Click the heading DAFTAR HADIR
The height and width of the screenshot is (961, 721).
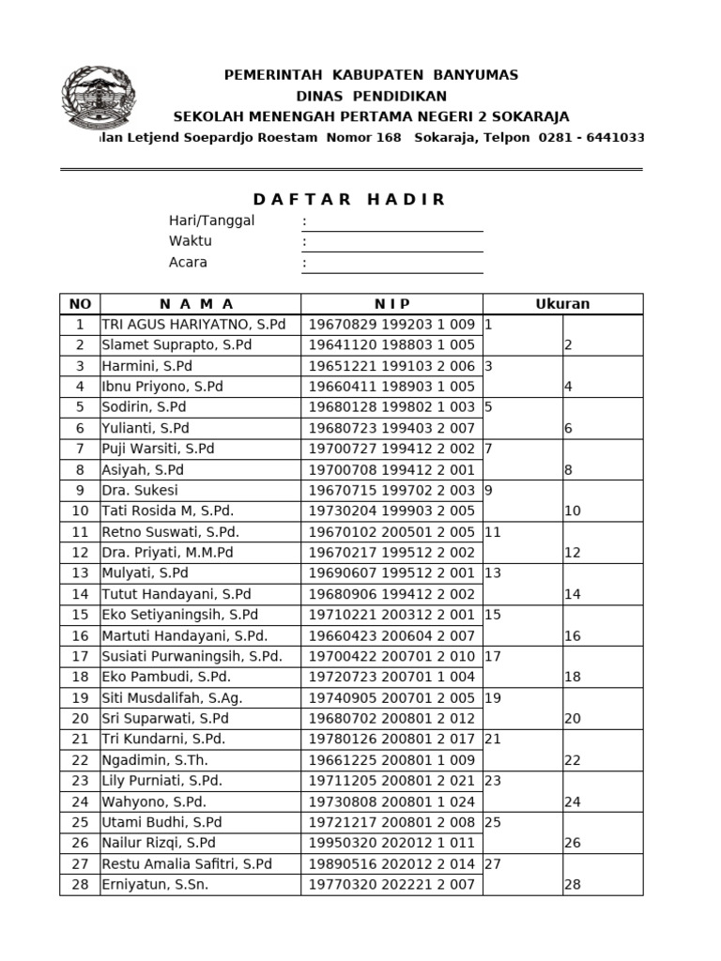point(350,199)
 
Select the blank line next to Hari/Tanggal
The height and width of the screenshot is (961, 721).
point(392,221)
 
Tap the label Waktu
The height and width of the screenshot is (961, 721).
point(191,241)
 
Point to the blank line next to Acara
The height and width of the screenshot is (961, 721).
point(392,264)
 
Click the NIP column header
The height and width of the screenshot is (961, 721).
point(391,304)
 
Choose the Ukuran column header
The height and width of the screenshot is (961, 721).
point(562,304)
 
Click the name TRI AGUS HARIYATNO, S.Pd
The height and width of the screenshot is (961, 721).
point(192,325)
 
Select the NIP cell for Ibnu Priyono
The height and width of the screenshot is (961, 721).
point(391,387)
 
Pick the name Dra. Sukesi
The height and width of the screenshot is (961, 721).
point(140,490)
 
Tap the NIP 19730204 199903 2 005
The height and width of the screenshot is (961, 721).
point(391,511)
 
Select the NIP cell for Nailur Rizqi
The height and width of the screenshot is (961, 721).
point(391,843)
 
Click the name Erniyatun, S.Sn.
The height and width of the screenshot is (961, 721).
point(155,884)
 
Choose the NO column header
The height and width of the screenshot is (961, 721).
point(80,304)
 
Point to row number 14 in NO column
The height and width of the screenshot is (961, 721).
point(80,594)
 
